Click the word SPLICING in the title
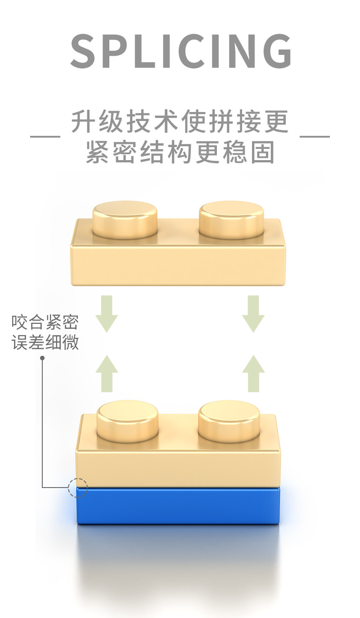click(181, 51)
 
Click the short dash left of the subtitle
click(45, 136)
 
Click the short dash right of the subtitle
click(315, 136)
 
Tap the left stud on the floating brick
click(125, 219)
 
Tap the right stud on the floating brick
click(231, 219)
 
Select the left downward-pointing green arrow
click(107, 313)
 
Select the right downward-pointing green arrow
click(253, 313)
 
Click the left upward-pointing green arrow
click(107, 373)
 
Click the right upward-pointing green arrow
click(253, 373)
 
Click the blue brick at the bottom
click(179, 506)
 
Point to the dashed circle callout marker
click(77, 488)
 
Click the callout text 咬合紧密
click(45, 322)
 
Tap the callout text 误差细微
click(45, 342)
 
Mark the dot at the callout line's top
click(42, 358)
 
